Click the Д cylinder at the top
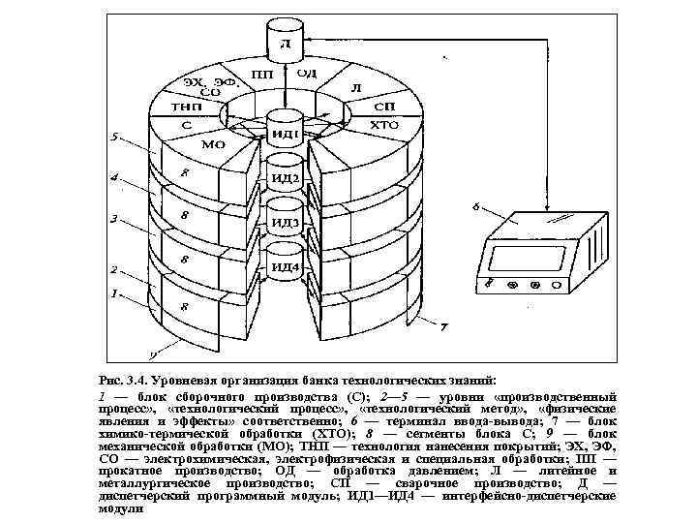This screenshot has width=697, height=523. (284, 44)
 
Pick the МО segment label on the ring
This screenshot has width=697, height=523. (213, 145)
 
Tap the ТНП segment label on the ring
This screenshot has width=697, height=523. (185, 107)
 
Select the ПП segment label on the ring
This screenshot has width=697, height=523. (261, 74)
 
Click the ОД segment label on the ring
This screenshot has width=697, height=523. (307, 73)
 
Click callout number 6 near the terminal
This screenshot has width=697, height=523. (475, 206)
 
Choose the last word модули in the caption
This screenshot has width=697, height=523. (120, 509)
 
